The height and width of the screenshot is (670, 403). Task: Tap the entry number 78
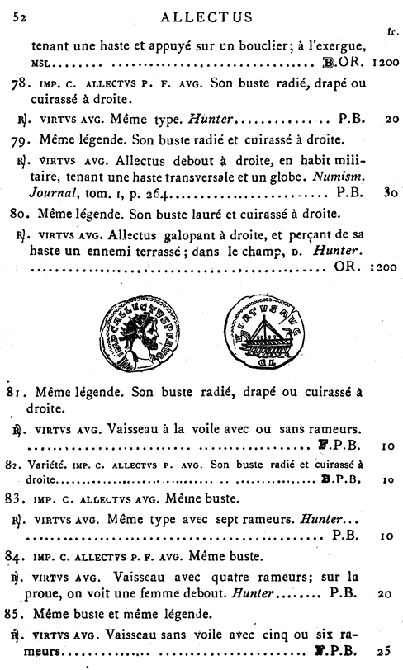[26, 83]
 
